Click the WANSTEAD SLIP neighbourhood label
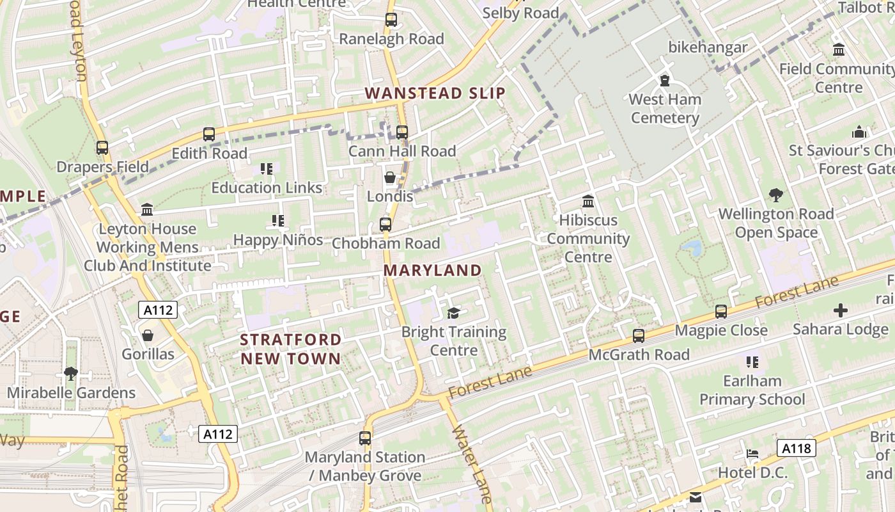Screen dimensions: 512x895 pos(435,93)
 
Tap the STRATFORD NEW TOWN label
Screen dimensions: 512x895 pos(291,349)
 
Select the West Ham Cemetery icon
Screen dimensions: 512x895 pos(665,81)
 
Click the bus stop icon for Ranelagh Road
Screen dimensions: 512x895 pos(391,20)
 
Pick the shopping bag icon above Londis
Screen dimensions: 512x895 pos(390,177)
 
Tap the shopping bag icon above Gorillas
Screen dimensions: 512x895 pos(148,335)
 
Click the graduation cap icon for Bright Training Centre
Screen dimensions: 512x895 pos(454,313)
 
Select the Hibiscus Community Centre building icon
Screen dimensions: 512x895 pos(588,202)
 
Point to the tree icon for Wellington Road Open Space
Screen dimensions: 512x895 pos(776,195)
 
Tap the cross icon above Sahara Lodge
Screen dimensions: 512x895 pos(840,311)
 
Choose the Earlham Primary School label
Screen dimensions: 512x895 pos(752,390)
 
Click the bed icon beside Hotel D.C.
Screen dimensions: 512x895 pos(752,454)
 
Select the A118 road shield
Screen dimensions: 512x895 pos(797,448)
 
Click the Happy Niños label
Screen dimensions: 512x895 pos(277,240)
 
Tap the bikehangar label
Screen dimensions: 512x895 pos(708,47)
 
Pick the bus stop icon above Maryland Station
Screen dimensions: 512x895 pos(365,438)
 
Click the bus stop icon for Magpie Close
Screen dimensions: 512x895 pos(721,312)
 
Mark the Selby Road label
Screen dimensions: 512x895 pos(520,13)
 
